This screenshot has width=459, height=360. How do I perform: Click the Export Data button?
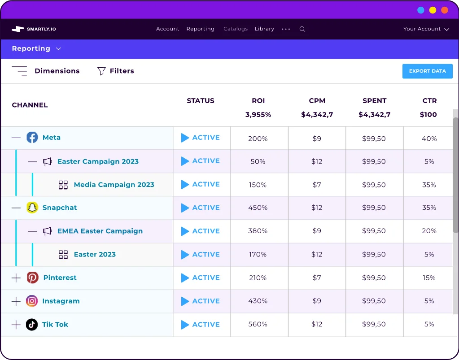click(x=427, y=71)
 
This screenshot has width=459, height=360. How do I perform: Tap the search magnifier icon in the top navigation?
click(x=302, y=29)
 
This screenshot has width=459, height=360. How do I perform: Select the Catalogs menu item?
click(x=236, y=29)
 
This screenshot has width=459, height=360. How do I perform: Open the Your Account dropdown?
click(x=426, y=29)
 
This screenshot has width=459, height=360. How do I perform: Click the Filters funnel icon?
click(x=101, y=71)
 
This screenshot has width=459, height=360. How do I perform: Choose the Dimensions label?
click(x=57, y=71)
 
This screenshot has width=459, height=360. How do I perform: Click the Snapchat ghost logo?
click(x=32, y=208)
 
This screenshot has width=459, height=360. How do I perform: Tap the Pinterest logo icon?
click(x=32, y=278)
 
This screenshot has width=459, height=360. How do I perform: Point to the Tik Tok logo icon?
click(x=32, y=325)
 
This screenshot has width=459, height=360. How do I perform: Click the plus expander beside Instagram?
click(x=16, y=301)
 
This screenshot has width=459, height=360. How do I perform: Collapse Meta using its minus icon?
click(x=16, y=138)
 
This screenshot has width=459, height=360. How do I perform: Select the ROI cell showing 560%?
click(x=258, y=325)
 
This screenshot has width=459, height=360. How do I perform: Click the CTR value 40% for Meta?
click(x=429, y=139)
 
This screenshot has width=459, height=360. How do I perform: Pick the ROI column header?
click(x=258, y=101)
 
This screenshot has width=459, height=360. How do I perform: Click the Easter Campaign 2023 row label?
click(x=98, y=161)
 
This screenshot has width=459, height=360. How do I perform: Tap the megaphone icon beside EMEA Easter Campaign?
click(x=47, y=231)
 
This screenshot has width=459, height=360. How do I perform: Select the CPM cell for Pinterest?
click(x=317, y=278)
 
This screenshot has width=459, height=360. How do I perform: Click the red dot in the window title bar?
click(x=444, y=10)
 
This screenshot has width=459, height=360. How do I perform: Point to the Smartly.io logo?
click(x=34, y=29)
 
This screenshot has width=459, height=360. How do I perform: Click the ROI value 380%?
click(x=258, y=231)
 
